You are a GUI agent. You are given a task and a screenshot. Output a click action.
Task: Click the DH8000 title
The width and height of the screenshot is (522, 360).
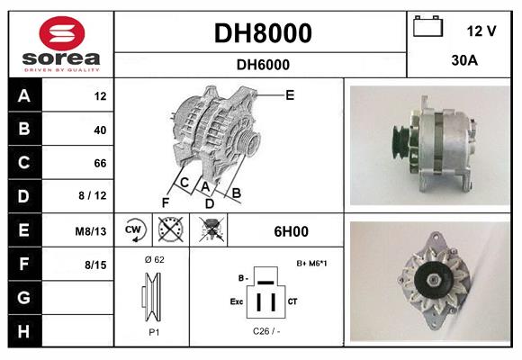(x=263, y=33)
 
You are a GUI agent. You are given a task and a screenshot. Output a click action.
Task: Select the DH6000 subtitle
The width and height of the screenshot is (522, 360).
(x=263, y=64)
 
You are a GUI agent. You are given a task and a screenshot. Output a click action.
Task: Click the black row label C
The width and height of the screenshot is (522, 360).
(x=23, y=163)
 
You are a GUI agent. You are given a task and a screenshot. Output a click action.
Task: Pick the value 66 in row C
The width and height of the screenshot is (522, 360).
(x=100, y=163)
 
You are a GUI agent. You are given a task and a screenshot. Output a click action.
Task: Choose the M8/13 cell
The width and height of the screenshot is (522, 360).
(x=91, y=231)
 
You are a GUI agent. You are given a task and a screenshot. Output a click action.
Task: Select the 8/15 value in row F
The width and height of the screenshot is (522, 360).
(x=95, y=265)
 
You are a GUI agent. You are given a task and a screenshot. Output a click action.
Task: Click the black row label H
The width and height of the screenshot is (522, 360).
(x=23, y=331)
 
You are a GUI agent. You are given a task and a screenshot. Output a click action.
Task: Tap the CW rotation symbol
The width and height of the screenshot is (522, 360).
(x=133, y=231)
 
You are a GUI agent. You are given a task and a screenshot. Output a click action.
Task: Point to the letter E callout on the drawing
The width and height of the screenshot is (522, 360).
(x=290, y=94)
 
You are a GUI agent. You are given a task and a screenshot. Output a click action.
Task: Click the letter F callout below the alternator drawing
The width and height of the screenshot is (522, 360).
(x=166, y=202)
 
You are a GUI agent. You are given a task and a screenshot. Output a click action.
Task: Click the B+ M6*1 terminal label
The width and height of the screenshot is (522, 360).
(x=310, y=263)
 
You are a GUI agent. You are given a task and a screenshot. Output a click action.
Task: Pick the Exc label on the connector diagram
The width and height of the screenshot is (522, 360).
(x=237, y=302)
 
